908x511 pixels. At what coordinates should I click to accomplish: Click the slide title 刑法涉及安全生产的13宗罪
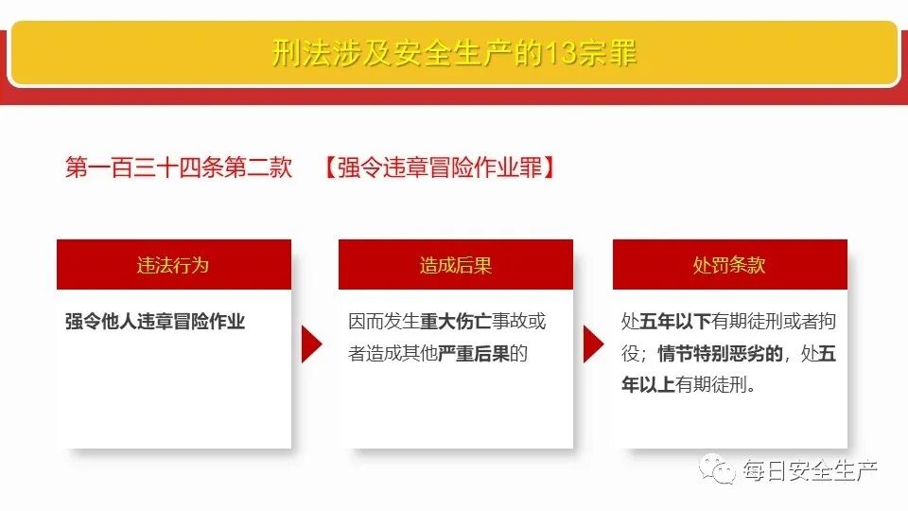click(454, 53)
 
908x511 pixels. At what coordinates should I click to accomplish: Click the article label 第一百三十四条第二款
click(179, 167)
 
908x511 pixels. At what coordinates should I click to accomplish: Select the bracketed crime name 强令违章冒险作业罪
click(438, 167)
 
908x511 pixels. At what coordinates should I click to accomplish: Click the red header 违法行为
click(173, 265)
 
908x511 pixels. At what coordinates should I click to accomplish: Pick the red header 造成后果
click(456, 265)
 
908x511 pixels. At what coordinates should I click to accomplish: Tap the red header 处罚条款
click(728, 265)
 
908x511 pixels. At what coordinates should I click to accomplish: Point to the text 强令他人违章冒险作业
click(155, 322)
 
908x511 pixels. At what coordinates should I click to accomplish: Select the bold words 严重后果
click(474, 354)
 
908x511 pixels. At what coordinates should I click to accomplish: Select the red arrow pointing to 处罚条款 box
click(593, 344)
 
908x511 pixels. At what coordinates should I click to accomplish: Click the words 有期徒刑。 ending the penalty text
click(716, 386)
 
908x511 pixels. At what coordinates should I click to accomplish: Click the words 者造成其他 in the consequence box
click(393, 354)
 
